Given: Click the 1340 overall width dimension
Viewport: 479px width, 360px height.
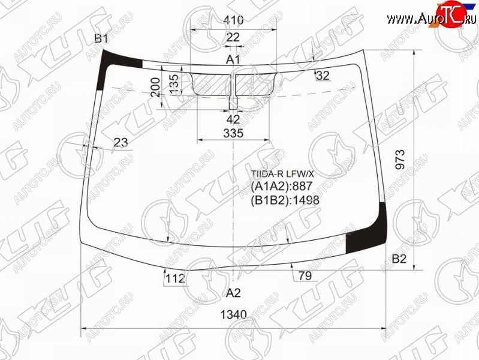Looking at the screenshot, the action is tap(233, 314).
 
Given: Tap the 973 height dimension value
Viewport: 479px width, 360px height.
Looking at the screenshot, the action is tap(400, 160).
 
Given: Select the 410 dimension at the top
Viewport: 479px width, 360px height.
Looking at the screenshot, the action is tap(233, 20).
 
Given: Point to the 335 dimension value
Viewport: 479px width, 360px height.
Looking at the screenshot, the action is tap(233, 133).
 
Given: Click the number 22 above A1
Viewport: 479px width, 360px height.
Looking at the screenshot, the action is tap(233, 37).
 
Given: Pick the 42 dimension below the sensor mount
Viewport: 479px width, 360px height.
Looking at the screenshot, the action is tap(233, 119).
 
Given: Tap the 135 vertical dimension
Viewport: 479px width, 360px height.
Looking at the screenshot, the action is tap(173, 84).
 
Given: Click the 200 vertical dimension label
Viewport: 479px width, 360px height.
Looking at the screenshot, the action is tap(155, 87).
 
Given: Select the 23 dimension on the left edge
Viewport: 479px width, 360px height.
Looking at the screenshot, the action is tap(120, 143).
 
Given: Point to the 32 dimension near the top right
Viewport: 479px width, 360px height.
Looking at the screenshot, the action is tap(323, 75).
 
